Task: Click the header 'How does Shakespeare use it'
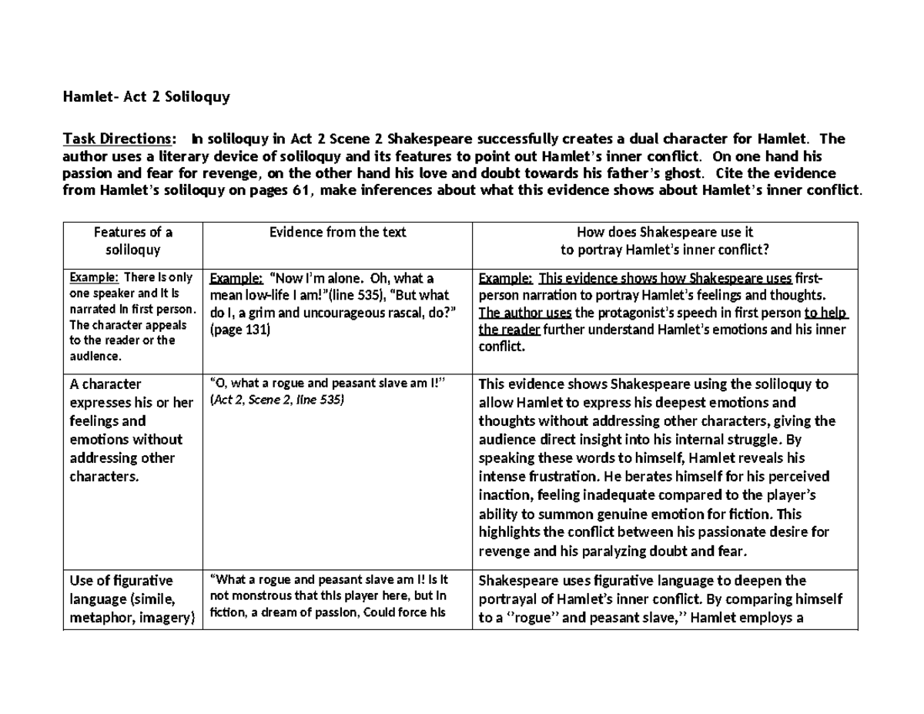click(665, 232)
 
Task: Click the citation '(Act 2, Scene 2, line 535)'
click(276, 400)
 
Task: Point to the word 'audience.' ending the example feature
click(95, 356)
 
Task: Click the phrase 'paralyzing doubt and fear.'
click(668, 551)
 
